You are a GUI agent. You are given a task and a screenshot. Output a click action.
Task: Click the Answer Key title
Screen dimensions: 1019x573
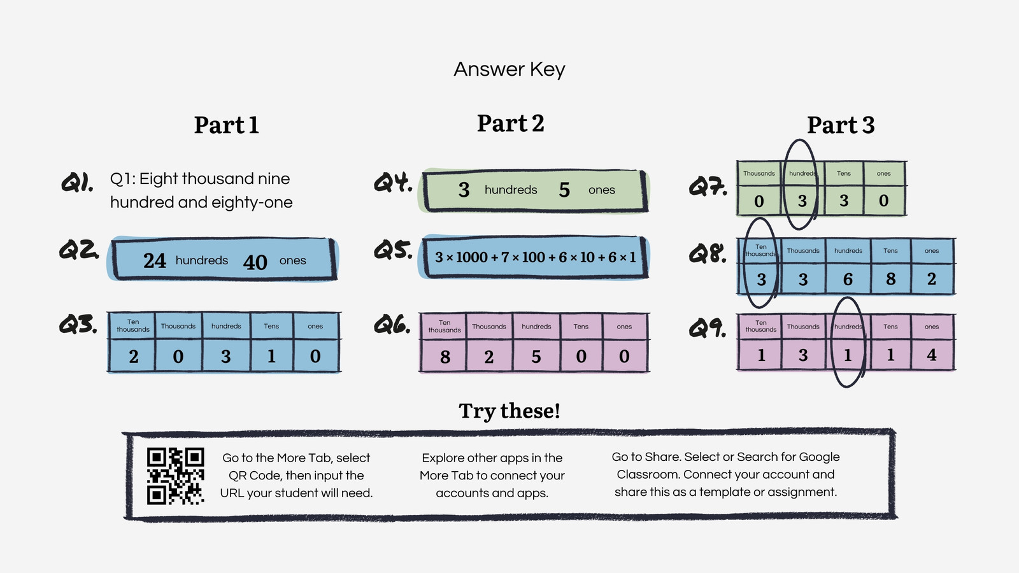coord(509,69)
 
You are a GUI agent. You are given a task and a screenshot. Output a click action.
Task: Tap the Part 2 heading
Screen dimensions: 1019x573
coord(510,124)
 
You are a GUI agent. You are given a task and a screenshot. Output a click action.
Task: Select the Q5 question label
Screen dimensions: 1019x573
coord(393,251)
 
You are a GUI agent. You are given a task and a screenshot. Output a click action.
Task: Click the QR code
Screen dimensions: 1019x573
coord(176,476)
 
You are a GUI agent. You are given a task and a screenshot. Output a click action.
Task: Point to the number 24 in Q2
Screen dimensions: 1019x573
coord(155,260)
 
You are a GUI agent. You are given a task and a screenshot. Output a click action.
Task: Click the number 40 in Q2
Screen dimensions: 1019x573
coord(255,262)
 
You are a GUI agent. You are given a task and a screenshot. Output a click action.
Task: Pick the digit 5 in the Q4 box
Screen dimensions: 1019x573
coord(564,190)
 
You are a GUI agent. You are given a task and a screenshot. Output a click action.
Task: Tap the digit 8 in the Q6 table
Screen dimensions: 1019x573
coord(445,357)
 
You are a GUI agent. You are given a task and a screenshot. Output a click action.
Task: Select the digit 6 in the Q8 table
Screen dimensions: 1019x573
coord(848,279)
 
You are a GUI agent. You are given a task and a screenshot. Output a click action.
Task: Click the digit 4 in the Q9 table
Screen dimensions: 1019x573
coord(932,355)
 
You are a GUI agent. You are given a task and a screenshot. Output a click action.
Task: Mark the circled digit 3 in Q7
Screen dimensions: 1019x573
coord(802,201)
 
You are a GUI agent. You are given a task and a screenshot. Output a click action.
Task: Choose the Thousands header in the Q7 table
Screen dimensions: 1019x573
coord(759,173)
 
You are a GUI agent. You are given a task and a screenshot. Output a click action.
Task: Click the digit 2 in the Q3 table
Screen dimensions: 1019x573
coord(133,357)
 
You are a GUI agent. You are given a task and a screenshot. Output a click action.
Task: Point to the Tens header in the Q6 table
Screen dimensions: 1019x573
coord(580,327)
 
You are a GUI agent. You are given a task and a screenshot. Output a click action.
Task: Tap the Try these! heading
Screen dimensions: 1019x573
coord(509,411)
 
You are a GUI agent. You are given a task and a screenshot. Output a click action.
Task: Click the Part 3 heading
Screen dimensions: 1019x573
coord(841,125)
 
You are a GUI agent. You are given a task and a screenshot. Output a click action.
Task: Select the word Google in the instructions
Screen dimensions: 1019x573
coord(819,457)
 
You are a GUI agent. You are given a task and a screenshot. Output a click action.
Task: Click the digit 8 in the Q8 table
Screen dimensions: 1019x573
coord(891,279)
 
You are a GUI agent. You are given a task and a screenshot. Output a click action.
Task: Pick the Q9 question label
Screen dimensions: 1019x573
coord(708,328)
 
